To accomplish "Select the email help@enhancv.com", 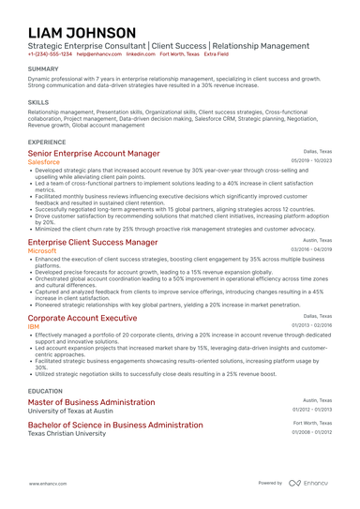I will point(97,54).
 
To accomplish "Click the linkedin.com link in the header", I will point(141,54).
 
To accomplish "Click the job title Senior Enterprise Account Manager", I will point(93,153).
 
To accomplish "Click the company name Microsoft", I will point(49,251).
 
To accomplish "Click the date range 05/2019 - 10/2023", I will point(311,161).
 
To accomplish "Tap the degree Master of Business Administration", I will point(91,401).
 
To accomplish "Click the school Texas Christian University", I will point(68,434).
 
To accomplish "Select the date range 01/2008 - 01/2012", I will point(311,433).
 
